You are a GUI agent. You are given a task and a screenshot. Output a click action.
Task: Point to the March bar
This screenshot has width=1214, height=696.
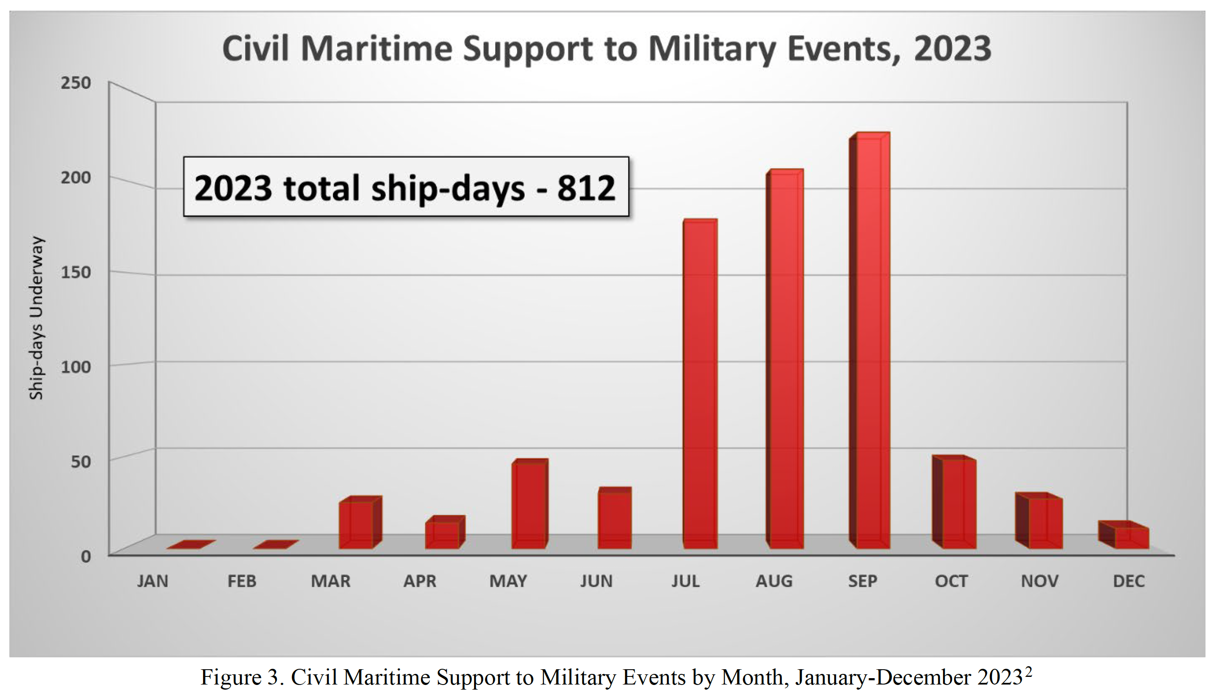[356, 524]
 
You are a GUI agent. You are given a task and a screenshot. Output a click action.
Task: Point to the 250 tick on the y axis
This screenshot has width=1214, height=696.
[76, 83]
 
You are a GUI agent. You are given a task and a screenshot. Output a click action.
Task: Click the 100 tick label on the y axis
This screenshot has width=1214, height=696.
[76, 367]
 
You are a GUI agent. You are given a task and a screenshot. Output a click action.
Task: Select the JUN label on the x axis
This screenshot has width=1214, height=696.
[596, 581]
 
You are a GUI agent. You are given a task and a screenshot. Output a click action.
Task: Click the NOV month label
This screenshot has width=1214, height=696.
[1039, 581]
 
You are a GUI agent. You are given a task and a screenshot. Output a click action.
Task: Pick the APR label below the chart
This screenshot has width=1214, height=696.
[420, 581]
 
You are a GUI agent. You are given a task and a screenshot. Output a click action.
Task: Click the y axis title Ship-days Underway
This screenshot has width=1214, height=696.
[36, 318]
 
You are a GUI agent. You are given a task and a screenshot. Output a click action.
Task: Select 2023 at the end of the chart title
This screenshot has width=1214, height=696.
[952, 49]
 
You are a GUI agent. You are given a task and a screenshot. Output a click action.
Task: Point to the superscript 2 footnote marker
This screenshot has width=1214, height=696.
[1028, 672]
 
